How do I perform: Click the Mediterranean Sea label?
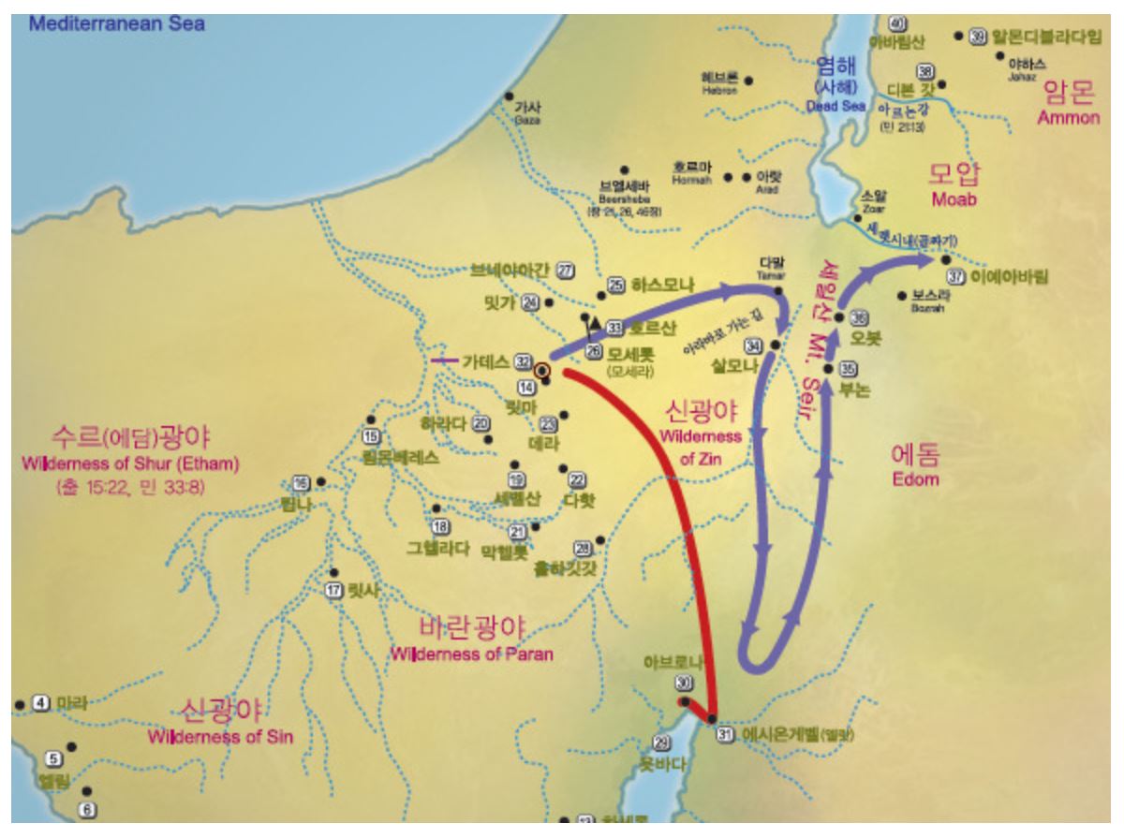[116, 22]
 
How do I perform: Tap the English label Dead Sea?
[836, 106]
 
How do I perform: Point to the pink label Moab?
[954, 200]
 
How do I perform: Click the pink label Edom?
[914, 478]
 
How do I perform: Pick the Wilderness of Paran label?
[472, 654]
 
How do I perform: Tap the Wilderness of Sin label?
[220, 737]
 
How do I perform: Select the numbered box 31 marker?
[723, 734]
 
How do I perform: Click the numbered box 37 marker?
[956, 277]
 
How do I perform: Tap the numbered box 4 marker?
[40, 702]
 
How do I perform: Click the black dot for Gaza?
[509, 96]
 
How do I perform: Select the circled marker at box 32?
[541, 370]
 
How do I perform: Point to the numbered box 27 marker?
[565, 270]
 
